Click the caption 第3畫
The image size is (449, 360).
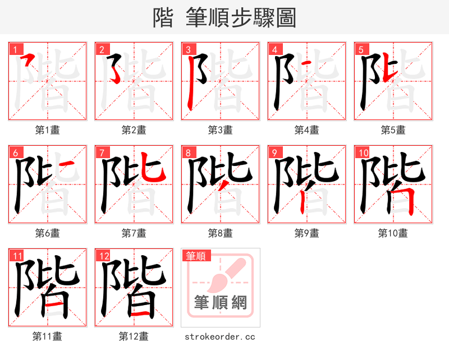220,130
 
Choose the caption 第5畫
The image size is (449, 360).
393,130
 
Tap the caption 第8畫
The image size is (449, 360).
220,233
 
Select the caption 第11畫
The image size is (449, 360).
47,336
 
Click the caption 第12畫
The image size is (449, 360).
134,336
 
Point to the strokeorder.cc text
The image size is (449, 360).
220,336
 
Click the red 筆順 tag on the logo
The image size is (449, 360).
196,256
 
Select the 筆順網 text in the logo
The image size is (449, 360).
220,303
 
